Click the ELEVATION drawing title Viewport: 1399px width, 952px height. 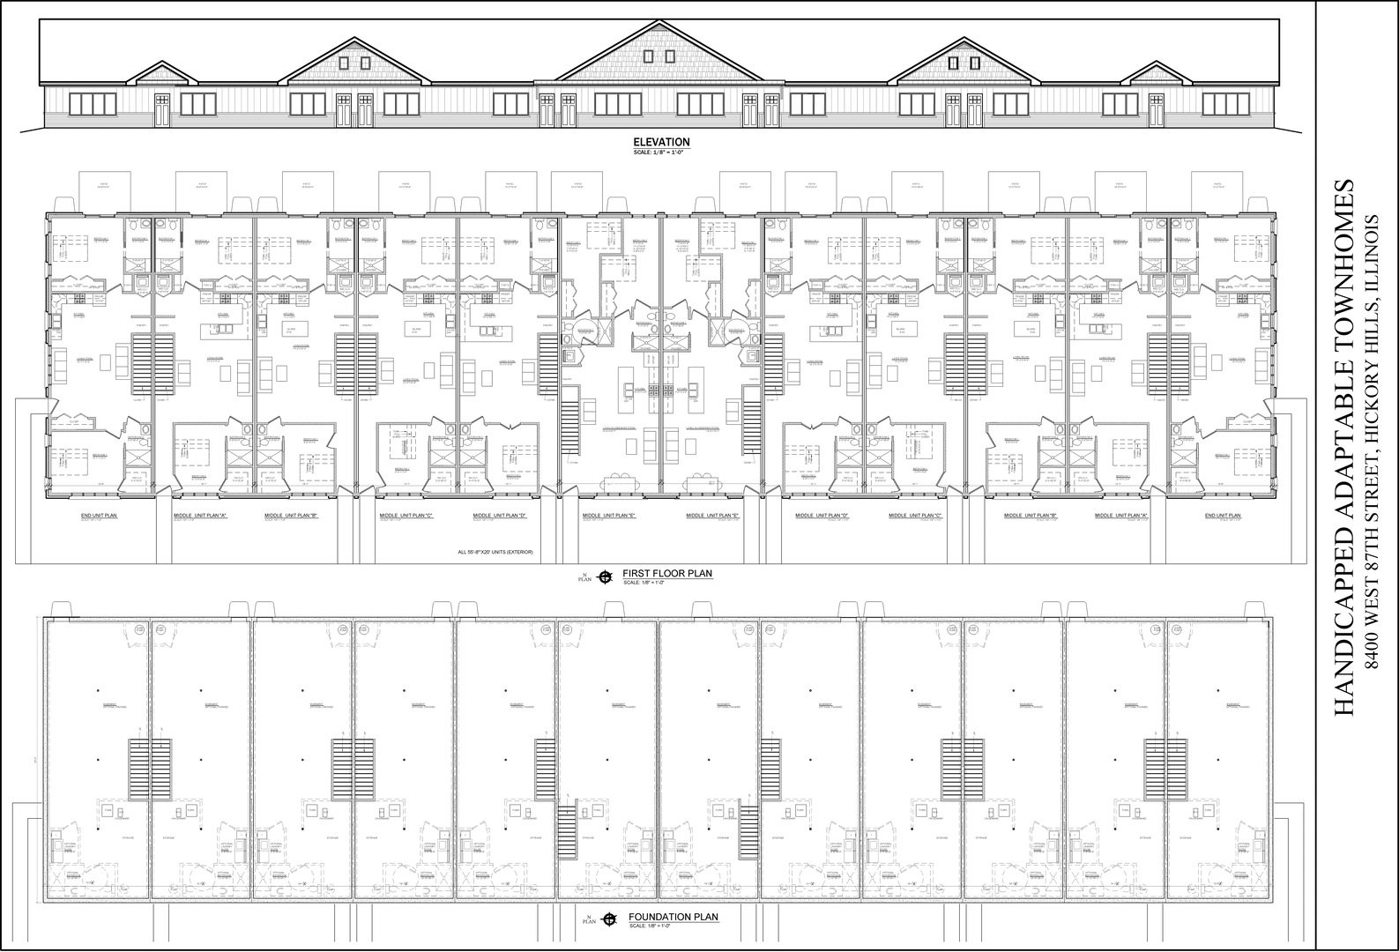[661, 142]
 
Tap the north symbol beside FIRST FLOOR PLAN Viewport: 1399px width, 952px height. [605, 577]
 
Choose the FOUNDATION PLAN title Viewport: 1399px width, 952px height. [673, 917]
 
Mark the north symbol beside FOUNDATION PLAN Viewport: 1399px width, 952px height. [608, 920]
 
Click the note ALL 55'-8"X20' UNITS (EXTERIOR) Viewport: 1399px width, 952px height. [495, 553]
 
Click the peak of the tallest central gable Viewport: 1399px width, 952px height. [660, 21]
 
